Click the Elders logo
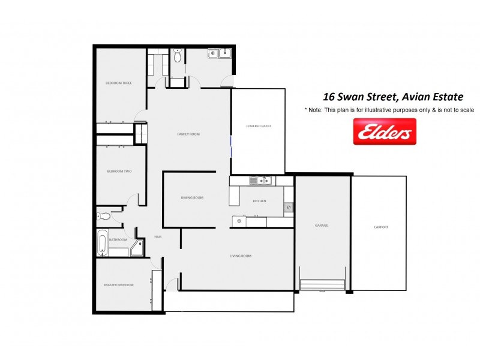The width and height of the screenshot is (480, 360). click(x=385, y=131)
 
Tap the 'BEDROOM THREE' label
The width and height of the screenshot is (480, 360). click(x=118, y=83)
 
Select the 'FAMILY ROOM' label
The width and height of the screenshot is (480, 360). click(x=188, y=134)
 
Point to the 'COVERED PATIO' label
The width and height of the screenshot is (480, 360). click(x=258, y=126)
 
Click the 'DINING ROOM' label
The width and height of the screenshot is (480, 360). click(x=193, y=197)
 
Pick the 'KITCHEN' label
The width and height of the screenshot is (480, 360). click(x=259, y=201)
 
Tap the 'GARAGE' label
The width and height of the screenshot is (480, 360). click(x=322, y=226)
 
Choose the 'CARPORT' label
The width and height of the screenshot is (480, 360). click(x=380, y=227)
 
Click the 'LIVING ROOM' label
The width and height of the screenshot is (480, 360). click(x=240, y=256)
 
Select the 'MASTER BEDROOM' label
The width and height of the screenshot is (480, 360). click(x=118, y=284)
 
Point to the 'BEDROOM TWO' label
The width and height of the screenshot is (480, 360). click(x=119, y=172)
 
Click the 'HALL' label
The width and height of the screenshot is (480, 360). click(x=158, y=237)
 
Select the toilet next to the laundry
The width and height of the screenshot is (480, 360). click(x=178, y=57)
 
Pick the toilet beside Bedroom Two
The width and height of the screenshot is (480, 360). click(x=103, y=216)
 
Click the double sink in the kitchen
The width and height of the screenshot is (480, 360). click(x=262, y=180)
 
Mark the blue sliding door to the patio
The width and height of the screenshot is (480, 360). click(x=231, y=145)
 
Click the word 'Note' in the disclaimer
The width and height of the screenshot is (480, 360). click(x=316, y=110)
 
